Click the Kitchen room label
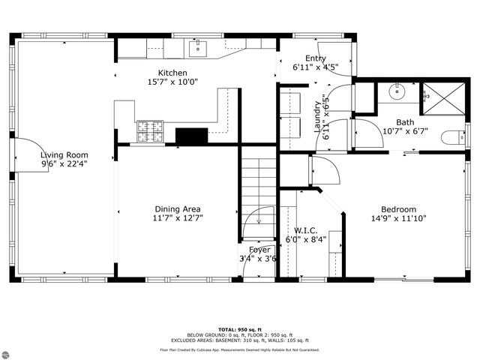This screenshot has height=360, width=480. pyautogui.click(x=172, y=73)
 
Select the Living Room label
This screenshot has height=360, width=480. pyautogui.click(x=64, y=155)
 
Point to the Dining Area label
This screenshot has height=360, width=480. pyautogui.click(x=178, y=209)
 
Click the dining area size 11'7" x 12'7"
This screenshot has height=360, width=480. pyautogui.click(x=178, y=218)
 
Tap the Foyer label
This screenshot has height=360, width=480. pyautogui.click(x=259, y=250)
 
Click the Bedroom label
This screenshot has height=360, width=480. pyautogui.click(x=398, y=209)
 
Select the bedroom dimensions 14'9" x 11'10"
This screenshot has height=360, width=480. pyautogui.click(x=398, y=219)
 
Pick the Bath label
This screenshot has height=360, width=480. pyautogui.click(x=405, y=121)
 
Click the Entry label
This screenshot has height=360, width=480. pyautogui.click(x=315, y=58)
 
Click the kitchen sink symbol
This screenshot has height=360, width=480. pyautogui.click(x=198, y=49)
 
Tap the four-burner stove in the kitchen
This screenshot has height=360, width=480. pyautogui.click(x=149, y=132)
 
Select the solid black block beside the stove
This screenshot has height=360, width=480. pyautogui.click(x=191, y=136)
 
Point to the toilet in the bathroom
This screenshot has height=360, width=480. pyautogui.click(x=453, y=136)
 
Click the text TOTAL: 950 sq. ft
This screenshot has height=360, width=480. pyautogui.click(x=239, y=329)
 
